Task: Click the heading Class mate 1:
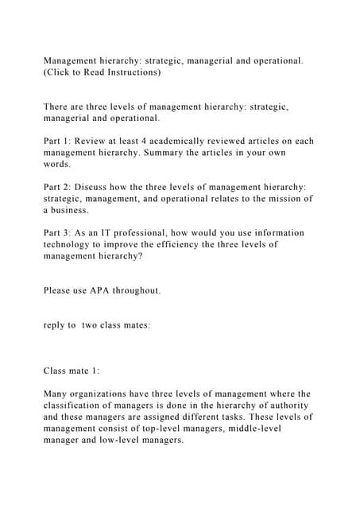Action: pyautogui.click(x=72, y=371)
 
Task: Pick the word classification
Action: pyautogui.click(x=83, y=406)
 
